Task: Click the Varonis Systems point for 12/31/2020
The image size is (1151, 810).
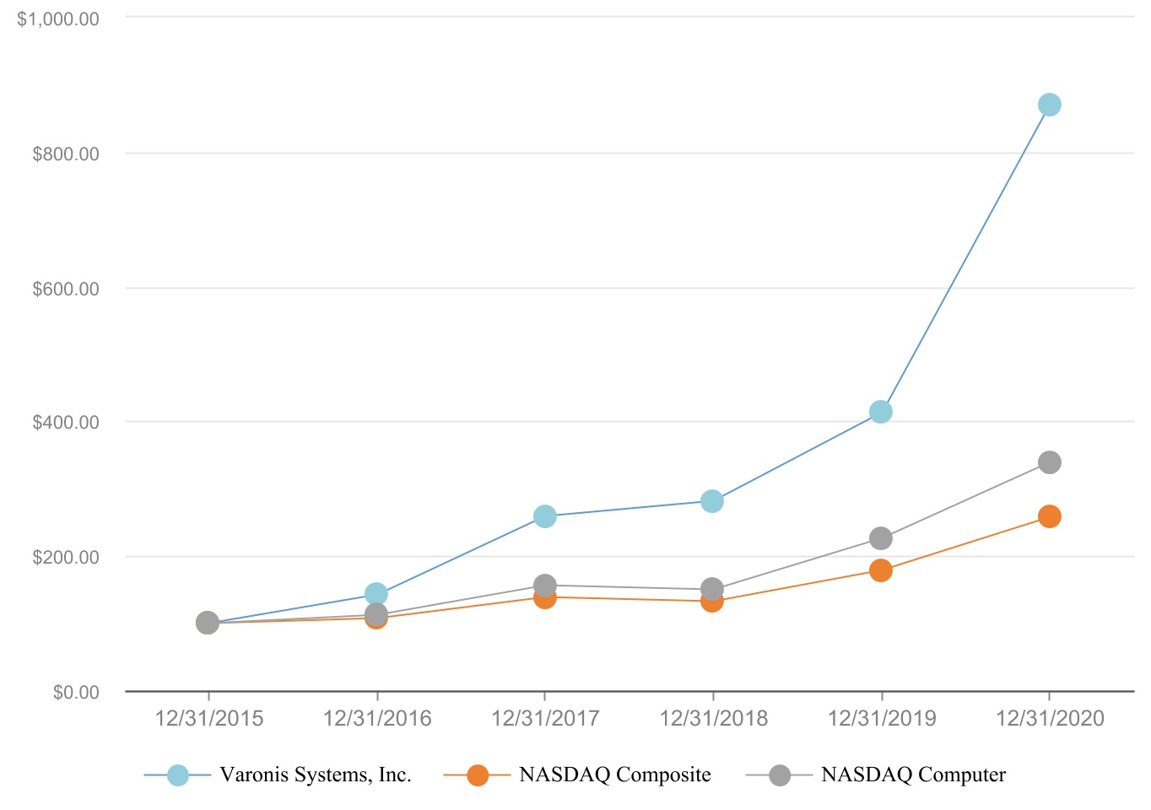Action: click(x=1049, y=105)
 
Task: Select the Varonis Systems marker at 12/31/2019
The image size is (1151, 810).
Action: click(x=880, y=412)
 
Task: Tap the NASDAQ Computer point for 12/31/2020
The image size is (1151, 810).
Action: click(x=1049, y=462)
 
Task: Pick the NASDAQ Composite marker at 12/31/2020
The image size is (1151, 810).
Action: click(x=1049, y=516)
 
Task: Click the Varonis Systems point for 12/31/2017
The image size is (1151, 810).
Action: click(x=544, y=516)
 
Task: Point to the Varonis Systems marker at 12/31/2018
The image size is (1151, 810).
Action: click(x=712, y=501)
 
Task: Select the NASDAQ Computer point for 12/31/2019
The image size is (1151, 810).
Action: click(x=880, y=538)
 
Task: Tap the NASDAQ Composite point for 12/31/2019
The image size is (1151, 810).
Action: click(x=880, y=570)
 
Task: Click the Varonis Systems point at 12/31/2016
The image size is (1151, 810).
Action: click(x=376, y=594)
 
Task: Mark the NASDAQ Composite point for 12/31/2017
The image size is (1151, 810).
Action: click(x=544, y=597)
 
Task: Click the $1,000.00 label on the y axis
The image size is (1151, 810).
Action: click(x=58, y=19)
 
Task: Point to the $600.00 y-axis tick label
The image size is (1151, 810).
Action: click(x=65, y=289)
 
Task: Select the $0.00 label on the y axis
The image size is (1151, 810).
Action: click(x=75, y=693)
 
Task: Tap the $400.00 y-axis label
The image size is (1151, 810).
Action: click(x=65, y=423)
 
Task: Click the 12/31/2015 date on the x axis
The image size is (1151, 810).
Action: click(x=208, y=718)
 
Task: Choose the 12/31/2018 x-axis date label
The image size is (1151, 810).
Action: click(x=713, y=718)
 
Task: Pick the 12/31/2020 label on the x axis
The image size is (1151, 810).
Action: click(x=1050, y=718)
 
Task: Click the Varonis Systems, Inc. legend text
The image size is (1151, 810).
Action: click(x=316, y=775)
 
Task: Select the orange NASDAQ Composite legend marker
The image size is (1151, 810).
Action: click(x=478, y=775)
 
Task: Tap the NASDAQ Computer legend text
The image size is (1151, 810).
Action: click(x=913, y=775)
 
